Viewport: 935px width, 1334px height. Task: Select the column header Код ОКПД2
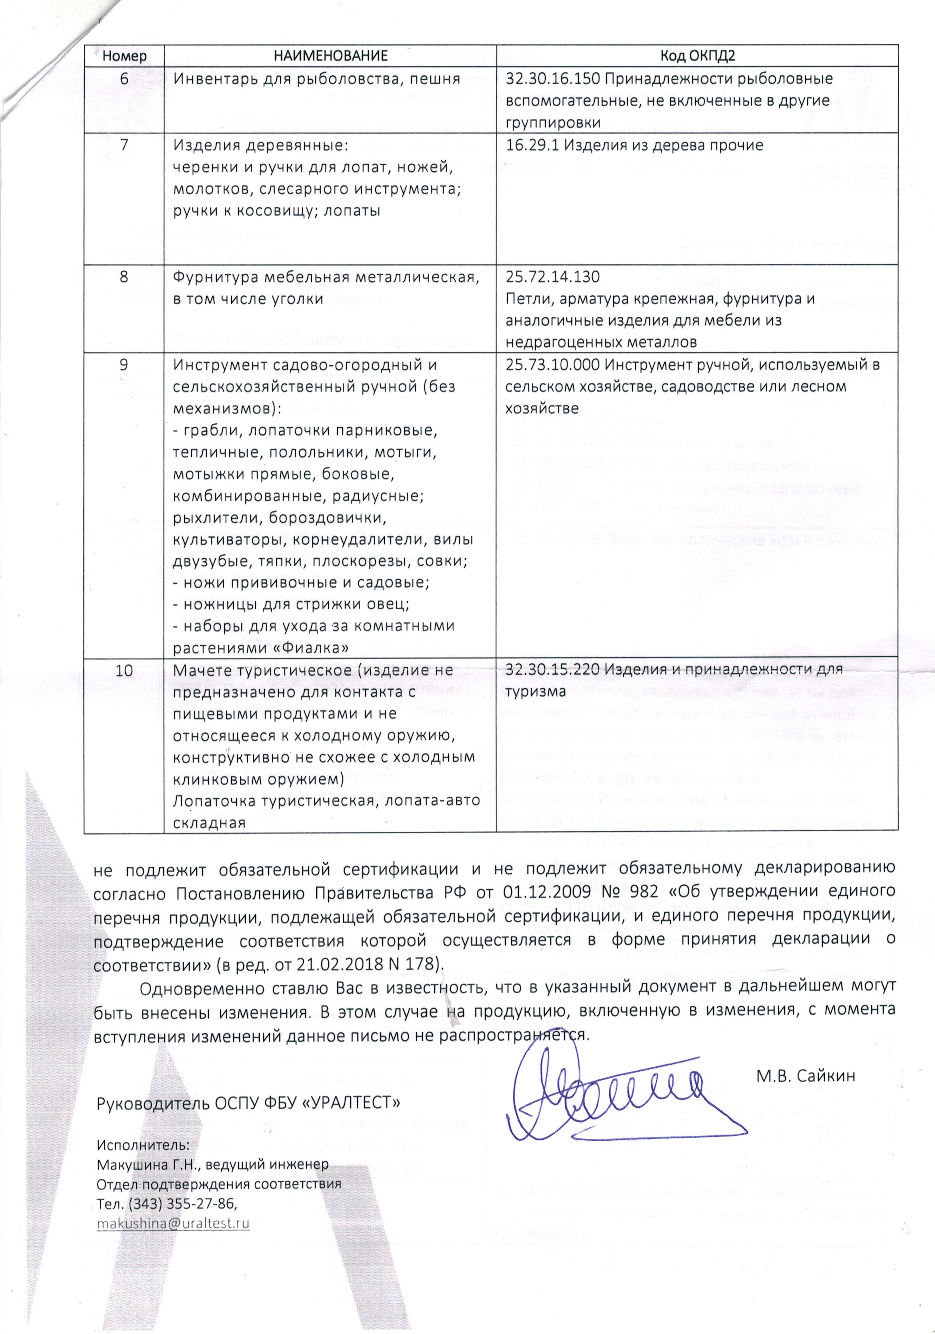[x=697, y=56]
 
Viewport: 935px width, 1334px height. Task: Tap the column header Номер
[x=124, y=56]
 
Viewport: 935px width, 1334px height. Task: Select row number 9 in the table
[x=124, y=365]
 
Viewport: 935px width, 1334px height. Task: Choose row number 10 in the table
[x=124, y=670]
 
